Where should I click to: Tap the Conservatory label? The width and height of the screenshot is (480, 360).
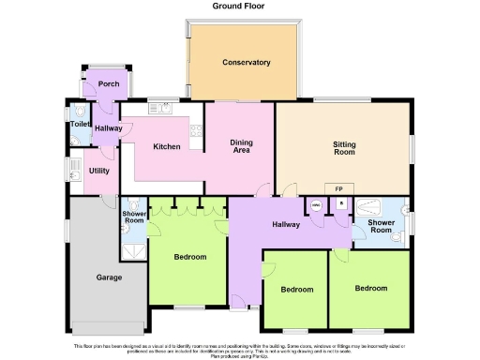click(x=247, y=63)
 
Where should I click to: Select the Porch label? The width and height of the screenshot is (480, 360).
click(x=108, y=83)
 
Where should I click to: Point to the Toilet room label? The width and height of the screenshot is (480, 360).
click(x=79, y=124)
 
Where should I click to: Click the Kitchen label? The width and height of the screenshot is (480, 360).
click(x=167, y=147)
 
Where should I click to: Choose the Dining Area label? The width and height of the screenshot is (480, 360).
click(x=242, y=145)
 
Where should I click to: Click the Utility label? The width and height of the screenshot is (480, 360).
click(x=98, y=171)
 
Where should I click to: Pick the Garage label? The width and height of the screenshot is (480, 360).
click(x=110, y=277)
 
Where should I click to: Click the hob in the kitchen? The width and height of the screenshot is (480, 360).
click(x=196, y=130)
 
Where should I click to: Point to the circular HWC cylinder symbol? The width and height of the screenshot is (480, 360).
click(x=317, y=205)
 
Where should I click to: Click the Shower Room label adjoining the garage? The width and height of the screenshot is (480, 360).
click(x=133, y=217)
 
